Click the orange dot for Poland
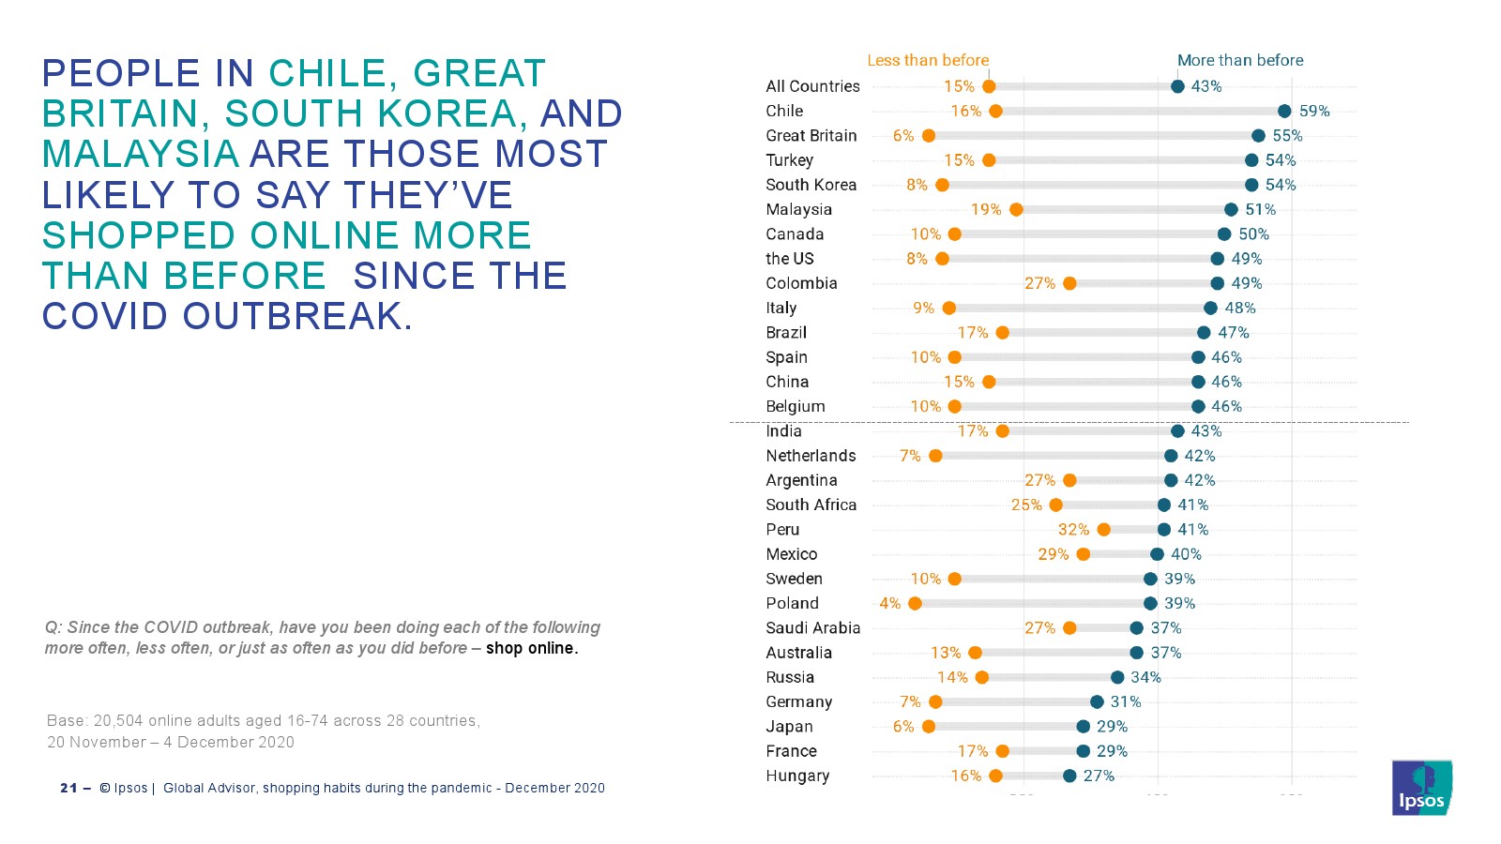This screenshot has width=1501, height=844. [x=915, y=604]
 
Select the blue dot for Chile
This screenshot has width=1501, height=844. [x=1284, y=112]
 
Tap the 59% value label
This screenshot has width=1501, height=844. [x=1314, y=112]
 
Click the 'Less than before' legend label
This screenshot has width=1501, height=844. [x=928, y=60]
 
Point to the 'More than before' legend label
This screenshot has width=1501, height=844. [x=1240, y=60]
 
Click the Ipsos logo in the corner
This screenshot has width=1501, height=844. [x=1422, y=788]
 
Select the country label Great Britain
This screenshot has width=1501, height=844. [x=811, y=136]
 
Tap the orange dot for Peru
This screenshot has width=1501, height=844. [x=1103, y=530]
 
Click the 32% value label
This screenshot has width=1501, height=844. [x=1073, y=530]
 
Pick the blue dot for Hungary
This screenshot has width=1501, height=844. [x=1069, y=776]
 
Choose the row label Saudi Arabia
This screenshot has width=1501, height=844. [x=812, y=628]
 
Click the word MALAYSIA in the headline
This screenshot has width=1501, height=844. [x=141, y=154]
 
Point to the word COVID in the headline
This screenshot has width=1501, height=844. [x=104, y=316]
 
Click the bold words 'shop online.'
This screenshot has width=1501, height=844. [x=532, y=648]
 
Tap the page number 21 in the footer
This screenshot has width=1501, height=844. [x=68, y=789]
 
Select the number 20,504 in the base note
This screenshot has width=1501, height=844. [x=118, y=721]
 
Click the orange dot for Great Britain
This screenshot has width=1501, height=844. [x=928, y=136]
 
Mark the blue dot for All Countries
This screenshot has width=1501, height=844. [x=1177, y=86]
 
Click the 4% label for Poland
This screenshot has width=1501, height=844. [x=890, y=604]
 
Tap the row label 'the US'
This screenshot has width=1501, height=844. [x=789, y=259]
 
